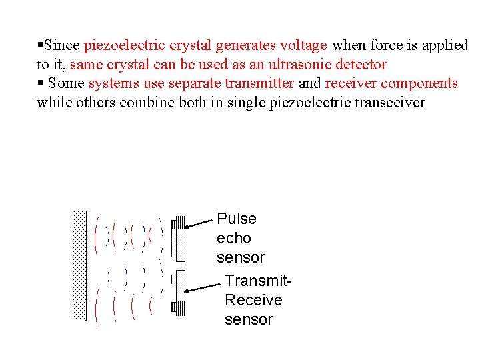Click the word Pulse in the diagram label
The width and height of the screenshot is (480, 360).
(237, 219)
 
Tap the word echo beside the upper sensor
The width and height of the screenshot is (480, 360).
(233, 238)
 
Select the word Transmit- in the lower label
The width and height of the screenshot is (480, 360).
(258, 281)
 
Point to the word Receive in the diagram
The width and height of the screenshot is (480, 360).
(253, 300)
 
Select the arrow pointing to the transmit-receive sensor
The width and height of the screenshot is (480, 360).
(203, 287)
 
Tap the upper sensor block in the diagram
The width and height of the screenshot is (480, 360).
(178, 238)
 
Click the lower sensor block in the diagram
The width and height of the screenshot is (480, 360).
(178, 293)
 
